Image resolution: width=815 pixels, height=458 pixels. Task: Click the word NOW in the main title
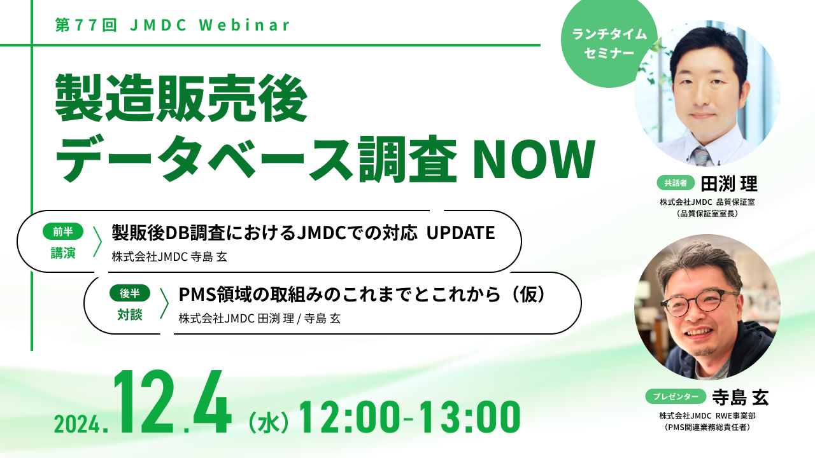pyautogui.click(x=534, y=159)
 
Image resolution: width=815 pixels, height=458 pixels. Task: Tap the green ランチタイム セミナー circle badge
pyautogui.click(x=609, y=43)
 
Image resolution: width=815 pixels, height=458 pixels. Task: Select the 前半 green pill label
pyautogui.click(x=63, y=232)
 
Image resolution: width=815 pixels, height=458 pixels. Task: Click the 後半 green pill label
pyautogui.click(x=129, y=293)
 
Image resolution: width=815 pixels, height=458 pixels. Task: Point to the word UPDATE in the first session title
pyautogui.click(x=460, y=233)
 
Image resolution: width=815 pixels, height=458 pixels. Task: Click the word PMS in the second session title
pyautogui.click(x=197, y=295)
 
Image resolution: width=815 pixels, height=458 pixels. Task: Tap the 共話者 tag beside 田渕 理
pyautogui.click(x=676, y=183)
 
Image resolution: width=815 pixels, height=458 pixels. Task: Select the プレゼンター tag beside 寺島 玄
pyautogui.click(x=676, y=396)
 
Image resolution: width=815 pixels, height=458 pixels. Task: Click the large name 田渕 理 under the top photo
pyautogui.click(x=729, y=184)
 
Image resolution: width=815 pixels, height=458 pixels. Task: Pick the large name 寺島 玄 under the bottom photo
pyautogui.click(x=741, y=398)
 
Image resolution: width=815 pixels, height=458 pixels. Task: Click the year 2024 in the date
pyautogui.click(x=77, y=424)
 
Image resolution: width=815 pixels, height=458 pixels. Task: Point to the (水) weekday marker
pyautogui.click(x=269, y=423)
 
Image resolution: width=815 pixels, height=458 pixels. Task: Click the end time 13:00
pyautogui.click(x=470, y=417)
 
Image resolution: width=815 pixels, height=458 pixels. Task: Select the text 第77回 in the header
pyautogui.click(x=86, y=25)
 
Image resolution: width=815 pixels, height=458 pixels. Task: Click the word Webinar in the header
pyautogui.click(x=244, y=25)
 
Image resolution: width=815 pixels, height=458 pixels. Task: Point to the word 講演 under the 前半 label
pyautogui.click(x=63, y=253)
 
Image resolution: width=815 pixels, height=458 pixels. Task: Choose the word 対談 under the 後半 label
pyautogui.click(x=129, y=315)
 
